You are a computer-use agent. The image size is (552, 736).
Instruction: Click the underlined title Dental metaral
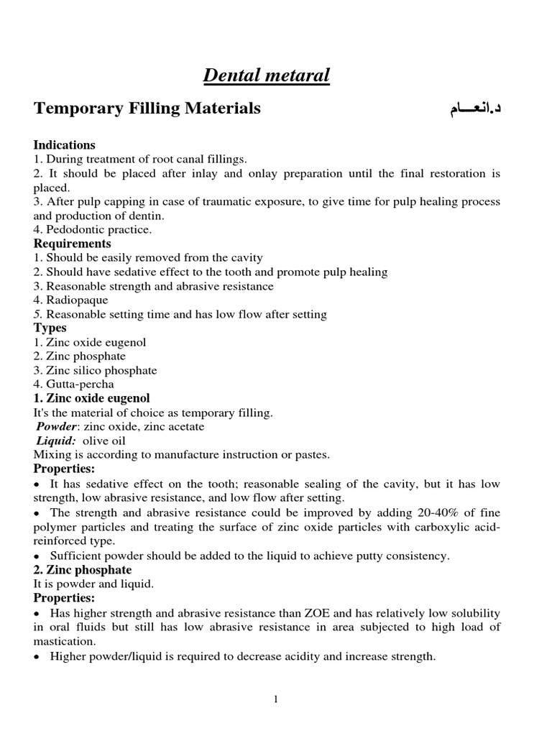(267, 75)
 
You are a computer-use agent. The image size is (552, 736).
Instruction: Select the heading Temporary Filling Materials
(147, 109)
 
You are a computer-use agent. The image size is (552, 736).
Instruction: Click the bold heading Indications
(64, 145)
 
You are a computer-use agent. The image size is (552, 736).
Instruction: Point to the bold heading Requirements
(73, 244)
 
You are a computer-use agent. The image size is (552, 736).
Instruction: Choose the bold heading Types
(50, 328)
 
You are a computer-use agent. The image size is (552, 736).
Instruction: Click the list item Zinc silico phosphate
(101, 370)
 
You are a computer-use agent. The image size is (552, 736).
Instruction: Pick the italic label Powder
(57, 427)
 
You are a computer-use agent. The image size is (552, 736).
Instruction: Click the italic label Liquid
(56, 441)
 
